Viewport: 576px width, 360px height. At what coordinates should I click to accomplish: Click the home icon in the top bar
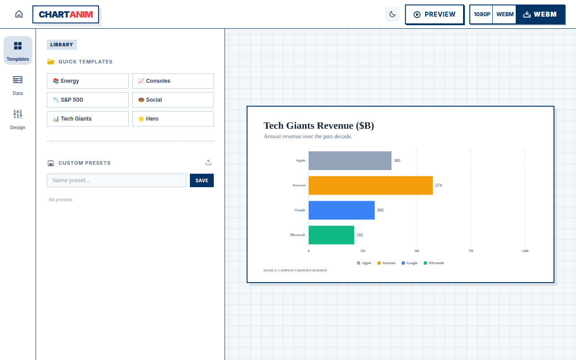(19, 14)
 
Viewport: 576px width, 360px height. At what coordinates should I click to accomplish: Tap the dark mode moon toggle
(392, 14)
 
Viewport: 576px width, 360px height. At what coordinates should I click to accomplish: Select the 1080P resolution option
(481, 14)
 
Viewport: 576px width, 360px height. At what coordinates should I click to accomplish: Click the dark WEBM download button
(540, 14)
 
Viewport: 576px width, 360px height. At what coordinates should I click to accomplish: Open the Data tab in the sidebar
(18, 85)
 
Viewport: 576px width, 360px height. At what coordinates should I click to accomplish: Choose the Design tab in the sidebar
(18, 120)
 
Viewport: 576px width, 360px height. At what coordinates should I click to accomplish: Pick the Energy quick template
(88, 81)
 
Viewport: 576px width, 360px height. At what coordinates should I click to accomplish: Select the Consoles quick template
(173, 81)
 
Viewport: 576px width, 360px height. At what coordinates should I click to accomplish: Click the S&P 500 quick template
(88, 100)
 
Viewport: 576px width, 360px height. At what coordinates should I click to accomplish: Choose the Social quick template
(173, 100)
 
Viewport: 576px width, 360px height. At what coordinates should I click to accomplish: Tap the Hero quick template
(173, 119)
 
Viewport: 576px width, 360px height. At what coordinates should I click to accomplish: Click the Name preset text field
(117, 180)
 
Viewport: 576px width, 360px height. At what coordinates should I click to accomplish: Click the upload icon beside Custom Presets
(208, 162)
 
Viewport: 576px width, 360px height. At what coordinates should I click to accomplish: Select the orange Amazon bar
(370, 185)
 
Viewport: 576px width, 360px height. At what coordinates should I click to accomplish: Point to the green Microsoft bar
(331, 235)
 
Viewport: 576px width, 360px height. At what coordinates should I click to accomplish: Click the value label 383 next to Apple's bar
(397, 161)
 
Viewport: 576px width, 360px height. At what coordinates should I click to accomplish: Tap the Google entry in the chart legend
(409, 263)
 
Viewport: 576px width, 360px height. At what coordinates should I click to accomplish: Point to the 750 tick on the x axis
(471, 251)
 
